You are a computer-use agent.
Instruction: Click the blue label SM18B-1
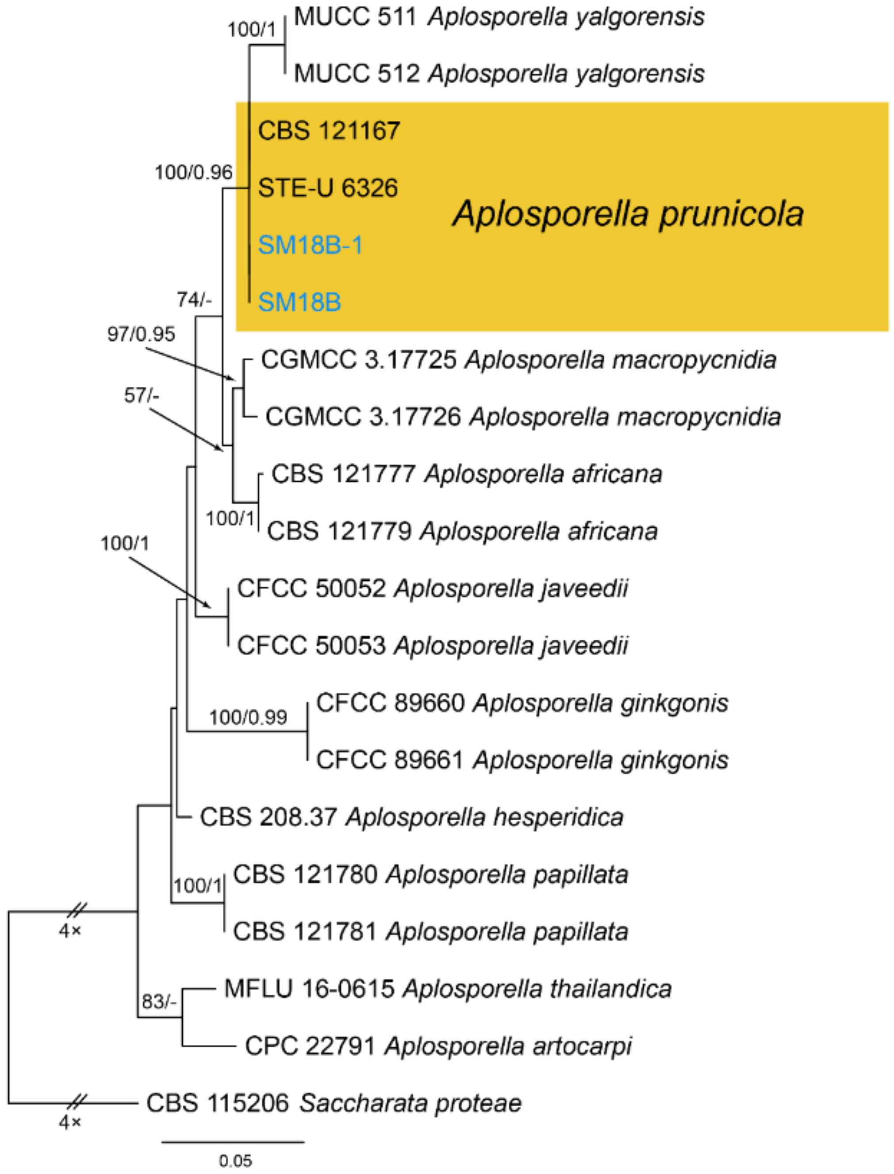pos(310,245)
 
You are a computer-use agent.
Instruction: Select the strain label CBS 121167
pos(328,131)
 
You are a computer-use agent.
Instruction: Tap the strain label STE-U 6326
pos(327,188)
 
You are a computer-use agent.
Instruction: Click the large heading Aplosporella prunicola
pos(628,214)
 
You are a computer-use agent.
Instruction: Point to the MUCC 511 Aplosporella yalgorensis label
pos(499,17)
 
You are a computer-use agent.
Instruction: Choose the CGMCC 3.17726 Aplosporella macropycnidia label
pos(522,417)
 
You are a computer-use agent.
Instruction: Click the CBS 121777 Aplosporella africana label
pos(466,473)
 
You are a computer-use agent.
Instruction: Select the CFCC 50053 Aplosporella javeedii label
pos(432,645)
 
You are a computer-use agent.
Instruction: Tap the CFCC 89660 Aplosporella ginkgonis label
pos(522,703)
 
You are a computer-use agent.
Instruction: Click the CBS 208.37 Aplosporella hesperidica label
pos(411,817)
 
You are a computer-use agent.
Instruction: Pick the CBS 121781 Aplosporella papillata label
pos(430,932)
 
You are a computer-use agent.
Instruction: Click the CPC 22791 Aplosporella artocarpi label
pos(438,1046)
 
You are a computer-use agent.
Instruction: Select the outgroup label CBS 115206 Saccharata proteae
pos(334,1103)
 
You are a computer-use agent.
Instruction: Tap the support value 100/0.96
pos(193,173)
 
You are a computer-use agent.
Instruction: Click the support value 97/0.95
pos(141,334)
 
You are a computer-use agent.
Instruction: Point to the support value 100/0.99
pos(248,717)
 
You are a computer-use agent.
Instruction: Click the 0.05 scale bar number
pos(235,1160)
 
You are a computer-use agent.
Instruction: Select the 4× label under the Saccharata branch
pos(70,1122)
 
